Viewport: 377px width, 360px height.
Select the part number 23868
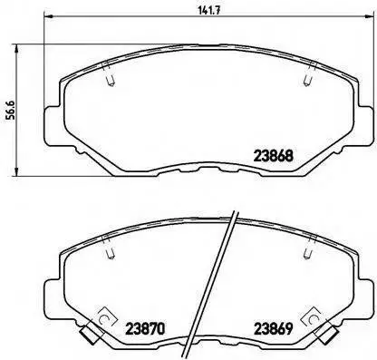pos(274,156)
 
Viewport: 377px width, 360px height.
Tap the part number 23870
pos(145,329)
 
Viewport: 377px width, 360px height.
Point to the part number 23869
pos(274,329)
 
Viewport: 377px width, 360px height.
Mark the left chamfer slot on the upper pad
pos(109,74)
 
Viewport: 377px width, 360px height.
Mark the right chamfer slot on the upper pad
pos(310,74)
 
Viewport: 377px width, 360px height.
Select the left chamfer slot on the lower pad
pos(109,247)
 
